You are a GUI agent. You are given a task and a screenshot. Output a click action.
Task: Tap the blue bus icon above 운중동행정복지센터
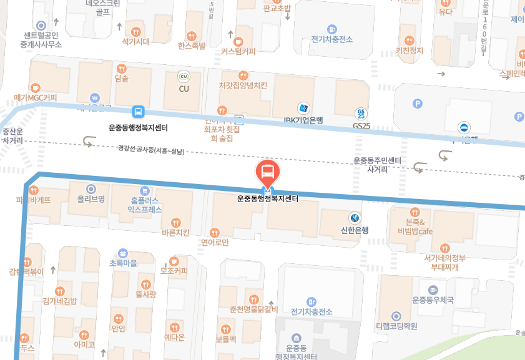137,112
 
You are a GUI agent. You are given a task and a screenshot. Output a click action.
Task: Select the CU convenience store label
184,88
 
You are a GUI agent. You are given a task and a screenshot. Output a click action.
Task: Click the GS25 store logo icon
361,114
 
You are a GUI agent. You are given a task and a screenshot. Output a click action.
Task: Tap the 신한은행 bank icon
355,218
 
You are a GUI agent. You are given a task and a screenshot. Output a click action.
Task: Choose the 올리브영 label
91,199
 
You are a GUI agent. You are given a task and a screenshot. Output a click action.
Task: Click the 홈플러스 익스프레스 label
144,205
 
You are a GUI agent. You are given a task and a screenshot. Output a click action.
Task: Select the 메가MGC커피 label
35,97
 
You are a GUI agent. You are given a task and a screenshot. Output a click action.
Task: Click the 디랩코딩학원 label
396,325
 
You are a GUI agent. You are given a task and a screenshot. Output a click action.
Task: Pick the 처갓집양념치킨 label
243,85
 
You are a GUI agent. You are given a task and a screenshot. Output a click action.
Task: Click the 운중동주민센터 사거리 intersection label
377,165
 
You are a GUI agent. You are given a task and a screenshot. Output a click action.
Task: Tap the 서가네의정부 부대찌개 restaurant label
445,262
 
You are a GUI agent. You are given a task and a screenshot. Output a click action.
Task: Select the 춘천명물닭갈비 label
253,309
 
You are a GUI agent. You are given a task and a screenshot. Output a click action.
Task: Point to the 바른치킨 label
175,233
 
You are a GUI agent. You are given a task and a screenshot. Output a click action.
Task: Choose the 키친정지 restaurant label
410,51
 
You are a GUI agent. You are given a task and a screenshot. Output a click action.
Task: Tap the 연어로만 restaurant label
215,241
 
